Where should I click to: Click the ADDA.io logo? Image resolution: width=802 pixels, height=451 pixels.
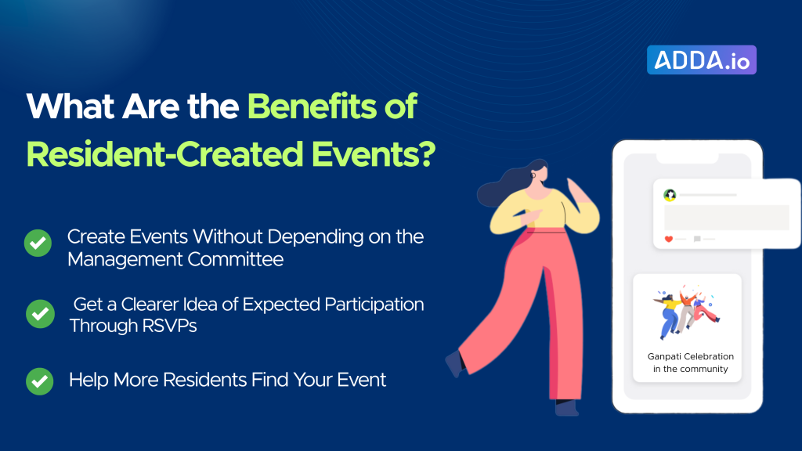701,60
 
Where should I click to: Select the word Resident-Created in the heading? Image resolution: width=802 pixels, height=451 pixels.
164,154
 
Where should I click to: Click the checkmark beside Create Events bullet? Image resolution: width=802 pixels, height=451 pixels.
38,243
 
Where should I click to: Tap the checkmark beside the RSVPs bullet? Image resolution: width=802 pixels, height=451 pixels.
41,313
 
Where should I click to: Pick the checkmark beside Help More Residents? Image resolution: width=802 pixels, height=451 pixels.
39,381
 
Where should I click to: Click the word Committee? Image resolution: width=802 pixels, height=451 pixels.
235,259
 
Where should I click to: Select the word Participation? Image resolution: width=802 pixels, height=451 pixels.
374,305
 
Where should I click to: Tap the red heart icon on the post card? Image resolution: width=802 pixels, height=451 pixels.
669,239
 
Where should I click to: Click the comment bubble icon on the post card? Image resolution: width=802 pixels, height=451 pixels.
697,239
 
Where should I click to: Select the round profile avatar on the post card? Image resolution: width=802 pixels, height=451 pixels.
670,195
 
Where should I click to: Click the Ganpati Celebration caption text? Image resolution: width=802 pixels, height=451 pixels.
691,363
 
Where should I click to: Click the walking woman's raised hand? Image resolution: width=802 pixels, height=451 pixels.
576,190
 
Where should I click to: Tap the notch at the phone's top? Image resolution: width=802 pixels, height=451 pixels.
688,158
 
